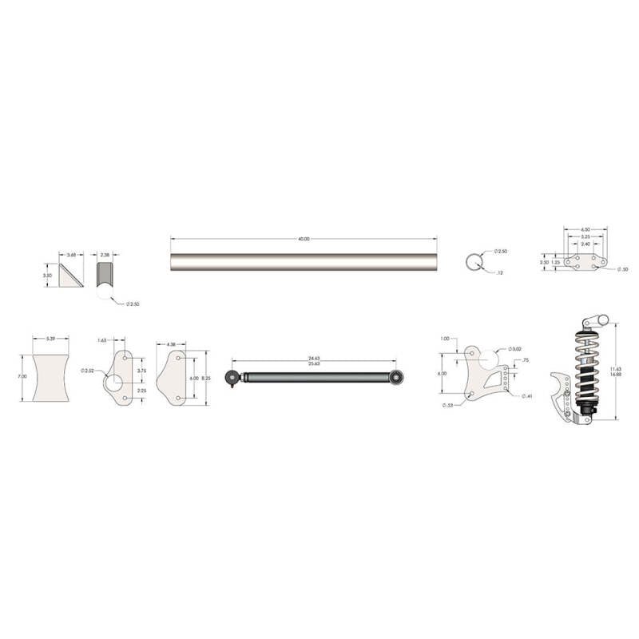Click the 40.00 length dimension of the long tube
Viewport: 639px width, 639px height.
coord(304,239)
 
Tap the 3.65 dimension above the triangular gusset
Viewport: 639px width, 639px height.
coord(71,256)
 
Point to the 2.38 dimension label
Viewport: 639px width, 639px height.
coord(105,256)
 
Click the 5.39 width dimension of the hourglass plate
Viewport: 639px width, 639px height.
coord(50,339)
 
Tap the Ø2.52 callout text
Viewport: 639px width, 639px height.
coord(88,371)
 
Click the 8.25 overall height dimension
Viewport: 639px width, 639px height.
coord(205,377)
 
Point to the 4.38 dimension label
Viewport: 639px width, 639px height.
coord(172,344)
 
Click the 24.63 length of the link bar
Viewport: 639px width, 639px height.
coord(314,358)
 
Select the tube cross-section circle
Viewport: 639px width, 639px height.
coord(475,262)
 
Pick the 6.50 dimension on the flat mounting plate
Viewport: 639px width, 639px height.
coord(585,229)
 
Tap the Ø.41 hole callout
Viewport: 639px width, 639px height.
coord(526,396)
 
